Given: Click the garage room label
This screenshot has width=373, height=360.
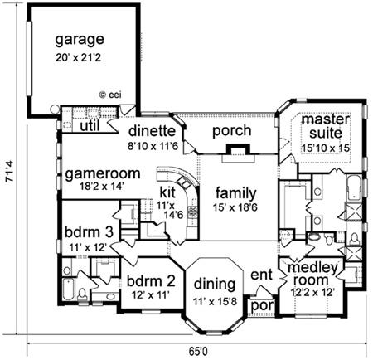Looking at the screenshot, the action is [x=80, y=41].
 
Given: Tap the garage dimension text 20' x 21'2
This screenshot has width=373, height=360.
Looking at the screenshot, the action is [x=79, y=58].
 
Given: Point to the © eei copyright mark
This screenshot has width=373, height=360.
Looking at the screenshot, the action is [x=110, y=95].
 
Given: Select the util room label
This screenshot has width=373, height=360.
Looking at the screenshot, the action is [x=90, y=126].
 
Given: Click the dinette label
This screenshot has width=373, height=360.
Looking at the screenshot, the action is [x=153, y=131].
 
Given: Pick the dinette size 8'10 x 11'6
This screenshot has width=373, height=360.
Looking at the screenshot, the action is [x=153, y=146].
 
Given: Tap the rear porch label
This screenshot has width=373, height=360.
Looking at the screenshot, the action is [x=232, y=131].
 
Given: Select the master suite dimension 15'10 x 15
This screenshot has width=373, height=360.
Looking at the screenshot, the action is [x=325, y=148].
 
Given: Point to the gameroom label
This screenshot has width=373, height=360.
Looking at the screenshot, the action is [x=103, y=174].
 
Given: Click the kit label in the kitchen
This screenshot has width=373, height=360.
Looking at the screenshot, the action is [x=167, y=192].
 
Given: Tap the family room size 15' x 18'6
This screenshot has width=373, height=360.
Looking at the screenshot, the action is [x=235, y=207].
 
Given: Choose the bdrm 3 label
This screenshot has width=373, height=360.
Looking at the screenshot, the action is [x=89, y=232].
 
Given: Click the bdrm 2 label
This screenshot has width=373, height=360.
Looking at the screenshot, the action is [x=151, y=281].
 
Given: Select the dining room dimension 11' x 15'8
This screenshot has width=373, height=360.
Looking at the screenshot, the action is [x=215, y=301].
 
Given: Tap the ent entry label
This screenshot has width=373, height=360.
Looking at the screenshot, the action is [x=261, y=275].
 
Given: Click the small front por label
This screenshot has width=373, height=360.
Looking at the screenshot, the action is [x=263, y=306].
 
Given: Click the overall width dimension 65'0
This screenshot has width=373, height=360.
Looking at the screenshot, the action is [x=198, y=352].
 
